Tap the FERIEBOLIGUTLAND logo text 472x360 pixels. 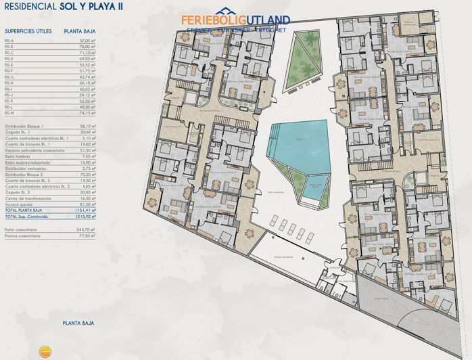pos(235,20)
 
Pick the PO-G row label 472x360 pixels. pos(9,77)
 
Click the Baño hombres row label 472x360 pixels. pos(19,156)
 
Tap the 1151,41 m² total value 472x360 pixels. pos(85,210)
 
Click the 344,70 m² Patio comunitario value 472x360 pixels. pos(87,230)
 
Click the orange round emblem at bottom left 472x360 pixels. pos(46,351)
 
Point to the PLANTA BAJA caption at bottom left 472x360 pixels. pos(78,323)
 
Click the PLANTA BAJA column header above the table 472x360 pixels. pos(79,31)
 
